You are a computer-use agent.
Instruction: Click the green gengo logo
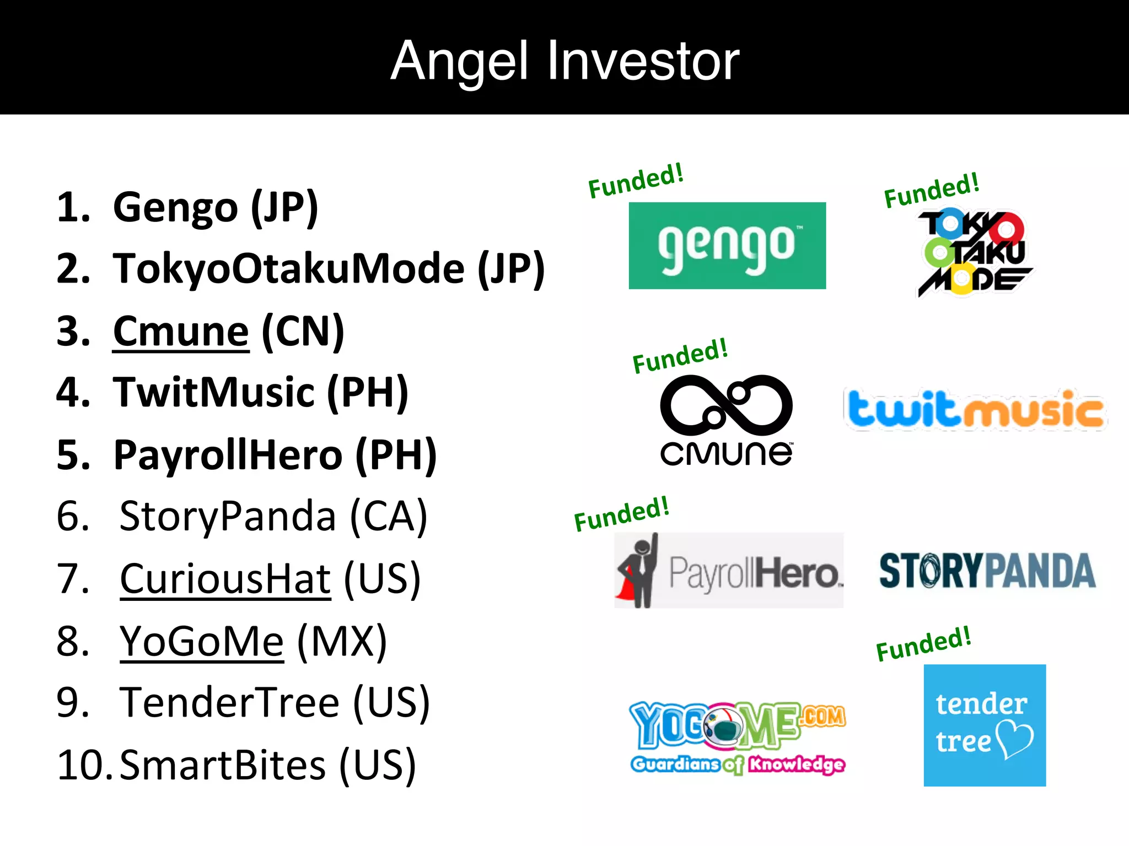pos(727,246)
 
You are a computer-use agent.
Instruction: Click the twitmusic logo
pos(975,409)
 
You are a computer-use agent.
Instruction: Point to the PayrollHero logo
pos(729,571)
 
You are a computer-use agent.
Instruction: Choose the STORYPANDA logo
pos(987,571)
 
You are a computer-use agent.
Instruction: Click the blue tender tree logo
pos(985,725)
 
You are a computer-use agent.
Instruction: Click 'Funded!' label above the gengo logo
pos(636,181)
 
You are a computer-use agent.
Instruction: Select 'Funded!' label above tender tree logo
pos(923,643)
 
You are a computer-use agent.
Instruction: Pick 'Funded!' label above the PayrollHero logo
pos(621,513)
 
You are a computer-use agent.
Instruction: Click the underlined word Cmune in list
pos(181,332)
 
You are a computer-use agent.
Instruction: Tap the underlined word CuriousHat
pos(225,579)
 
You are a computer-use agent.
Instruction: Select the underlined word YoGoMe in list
pos(202,642)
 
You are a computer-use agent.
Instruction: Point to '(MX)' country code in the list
pos(342,642)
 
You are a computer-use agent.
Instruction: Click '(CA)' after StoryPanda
pos(389,517)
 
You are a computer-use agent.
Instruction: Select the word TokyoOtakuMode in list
pos(289,269)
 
